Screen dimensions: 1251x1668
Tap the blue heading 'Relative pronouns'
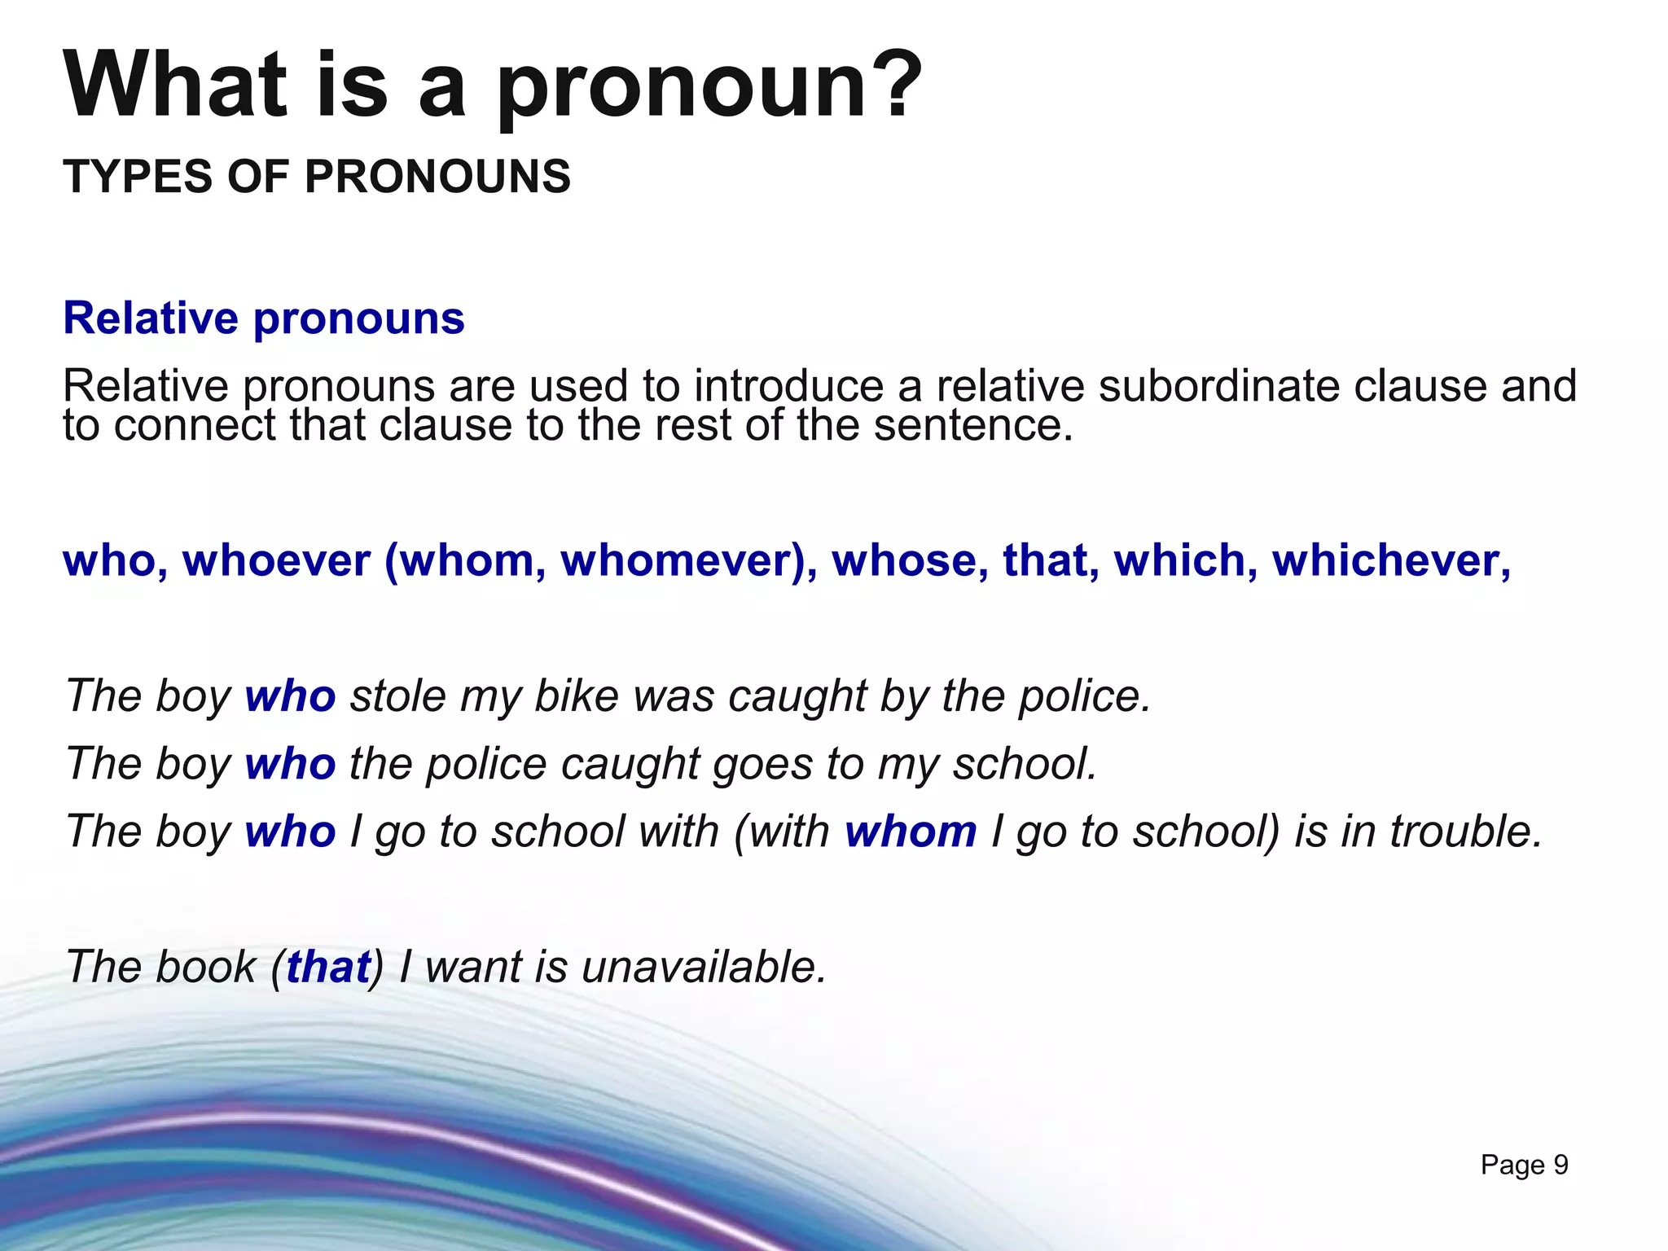tap(264, 318)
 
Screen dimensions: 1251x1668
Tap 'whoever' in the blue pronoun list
tap(277, 561)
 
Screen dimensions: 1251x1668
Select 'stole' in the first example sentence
tap(398, 696)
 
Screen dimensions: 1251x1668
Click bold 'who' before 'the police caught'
tap(290, 764)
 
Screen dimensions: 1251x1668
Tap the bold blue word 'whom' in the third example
tap(911, 832)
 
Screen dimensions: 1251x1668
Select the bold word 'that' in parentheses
tap(328, 967)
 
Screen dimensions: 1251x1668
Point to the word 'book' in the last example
tap(205, 967)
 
